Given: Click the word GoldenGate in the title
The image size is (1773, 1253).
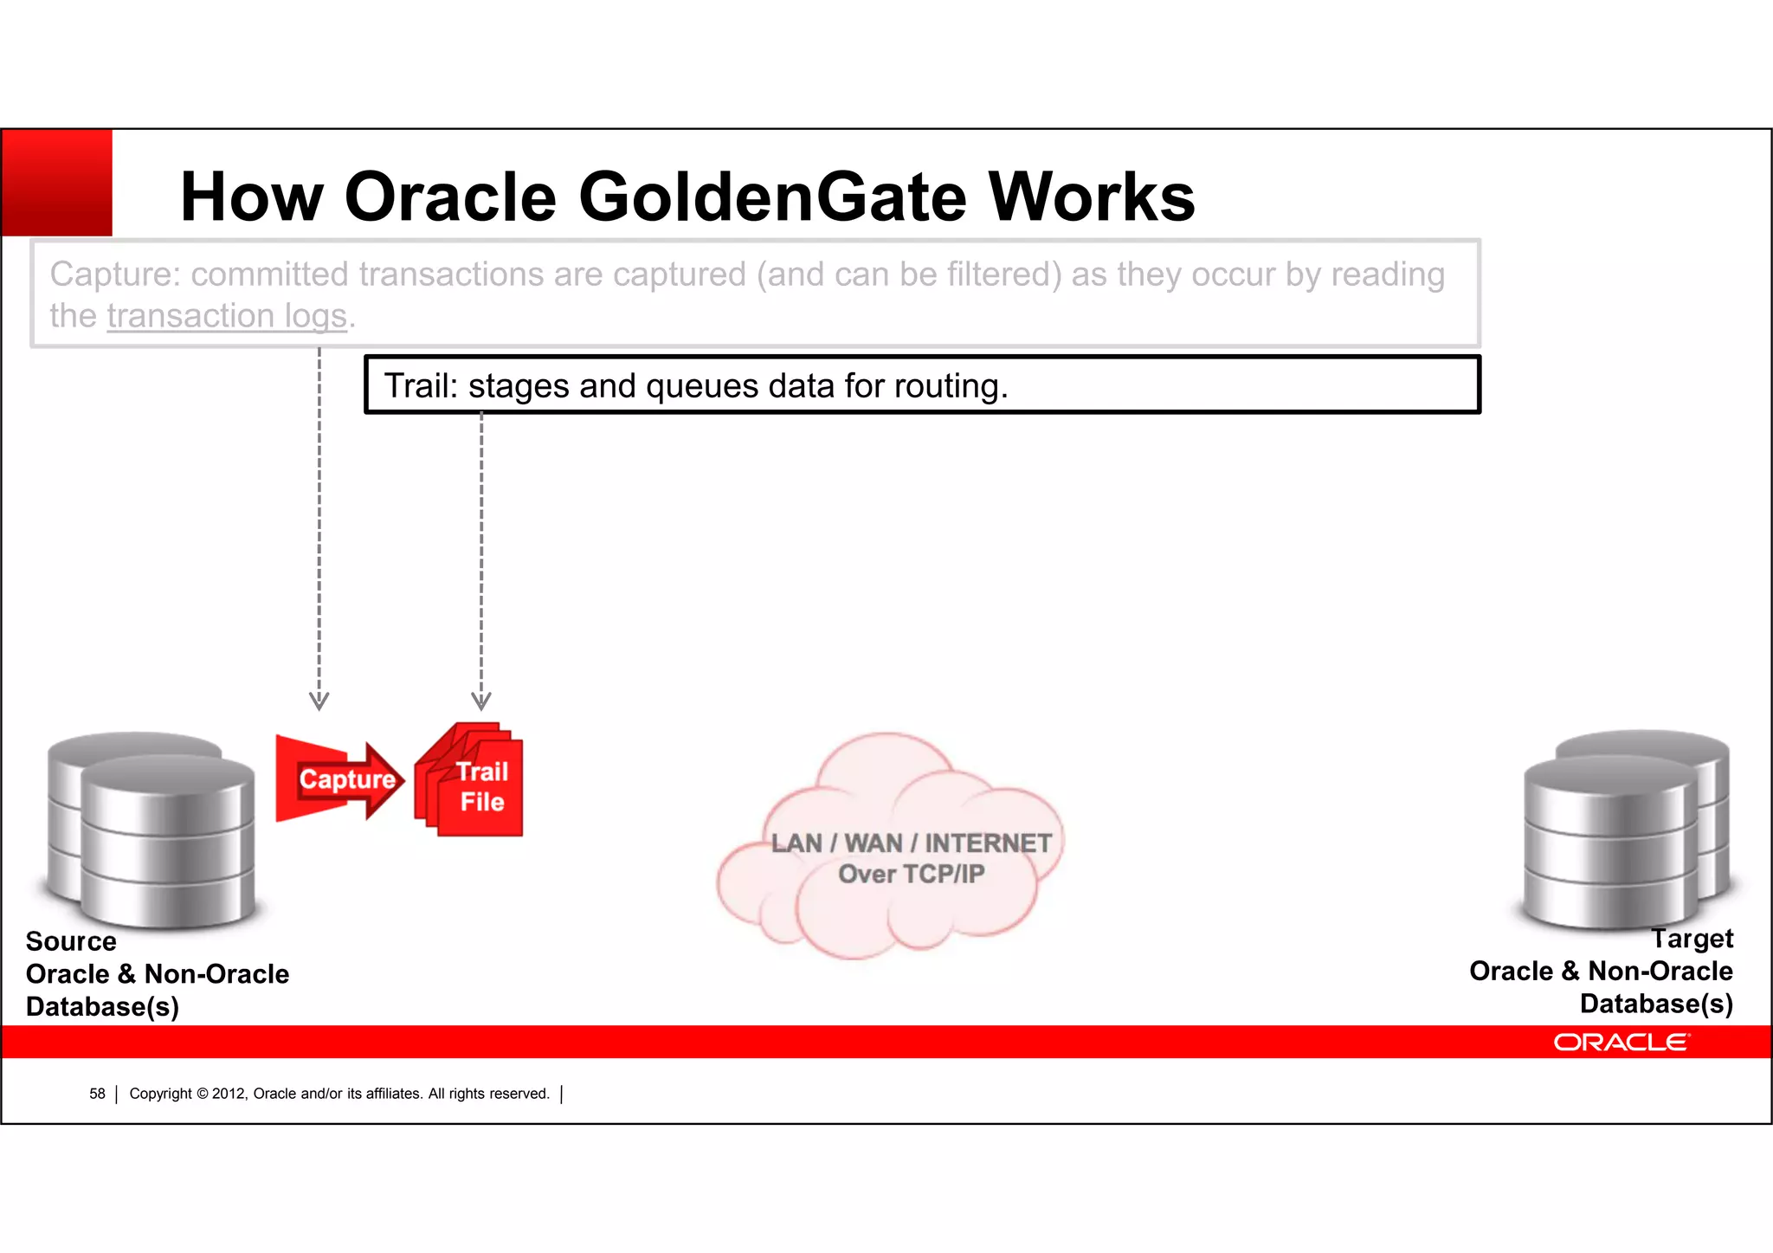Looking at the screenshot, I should pos(771,197).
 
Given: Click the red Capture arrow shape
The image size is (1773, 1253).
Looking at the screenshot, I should pos(338,779).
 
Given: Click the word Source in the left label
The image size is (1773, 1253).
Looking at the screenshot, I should pos(71,941).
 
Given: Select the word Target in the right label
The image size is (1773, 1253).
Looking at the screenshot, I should pos(1692,939).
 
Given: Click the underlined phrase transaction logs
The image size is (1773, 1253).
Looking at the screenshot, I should pos(227,316).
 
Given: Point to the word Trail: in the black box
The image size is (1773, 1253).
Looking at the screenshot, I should pos(421,386).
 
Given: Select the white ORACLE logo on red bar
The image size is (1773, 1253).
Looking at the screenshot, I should pos(1621,1043).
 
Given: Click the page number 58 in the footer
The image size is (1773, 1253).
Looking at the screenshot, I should pos(97,1095).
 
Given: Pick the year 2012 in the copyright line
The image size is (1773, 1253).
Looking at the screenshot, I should pos(229,1095).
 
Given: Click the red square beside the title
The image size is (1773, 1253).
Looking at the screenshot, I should pos(57,183).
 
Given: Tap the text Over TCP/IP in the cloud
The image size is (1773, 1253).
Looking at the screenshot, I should pos(911,875).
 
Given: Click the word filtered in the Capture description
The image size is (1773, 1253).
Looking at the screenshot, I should pos(1003,274).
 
